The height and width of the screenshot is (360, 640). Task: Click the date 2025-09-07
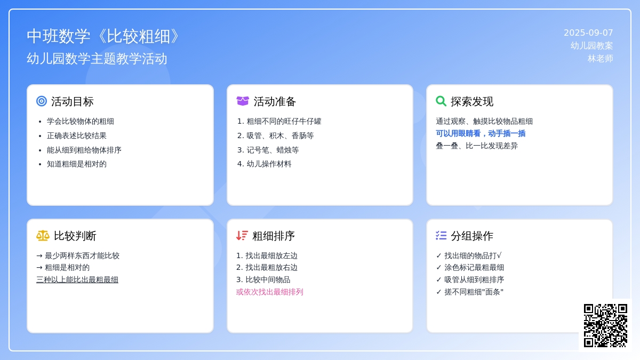[x=588, y=33]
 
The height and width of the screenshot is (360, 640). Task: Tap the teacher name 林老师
[x=601, y=59]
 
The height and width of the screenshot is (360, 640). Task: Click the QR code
[x=605, y=326]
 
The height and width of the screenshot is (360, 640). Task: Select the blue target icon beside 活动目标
[x=42, y=101]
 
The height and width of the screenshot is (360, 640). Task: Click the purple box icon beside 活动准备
[x=243, y=101]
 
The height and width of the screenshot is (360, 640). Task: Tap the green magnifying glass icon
[x=441, y=101]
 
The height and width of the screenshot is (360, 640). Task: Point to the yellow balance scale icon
[x=43, y=236]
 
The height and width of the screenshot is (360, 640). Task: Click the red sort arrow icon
[x=242, y=236]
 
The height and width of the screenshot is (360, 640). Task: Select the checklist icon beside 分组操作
[x=441, y=236]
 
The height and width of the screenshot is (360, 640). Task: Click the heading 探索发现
[x=472, y=101]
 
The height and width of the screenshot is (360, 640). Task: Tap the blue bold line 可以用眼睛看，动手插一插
[x=481, y=133]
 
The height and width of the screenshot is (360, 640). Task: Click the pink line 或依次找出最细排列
[x=269, y=292]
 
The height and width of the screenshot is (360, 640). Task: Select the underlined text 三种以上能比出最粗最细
[x=77, y=279]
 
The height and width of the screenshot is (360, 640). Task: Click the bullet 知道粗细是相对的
[x=77, y=164]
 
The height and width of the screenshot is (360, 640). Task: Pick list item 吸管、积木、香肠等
[x=280, y=135]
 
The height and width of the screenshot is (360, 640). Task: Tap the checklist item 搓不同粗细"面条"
[x=474, y=292]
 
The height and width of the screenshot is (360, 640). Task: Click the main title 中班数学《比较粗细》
[x=103, y=37]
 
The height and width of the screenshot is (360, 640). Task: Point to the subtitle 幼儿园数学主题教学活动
[x=97, y=59]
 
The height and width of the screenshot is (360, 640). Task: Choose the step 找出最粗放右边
[x=271, y=268]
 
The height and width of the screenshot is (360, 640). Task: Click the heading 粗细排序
[x=274, y=236]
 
